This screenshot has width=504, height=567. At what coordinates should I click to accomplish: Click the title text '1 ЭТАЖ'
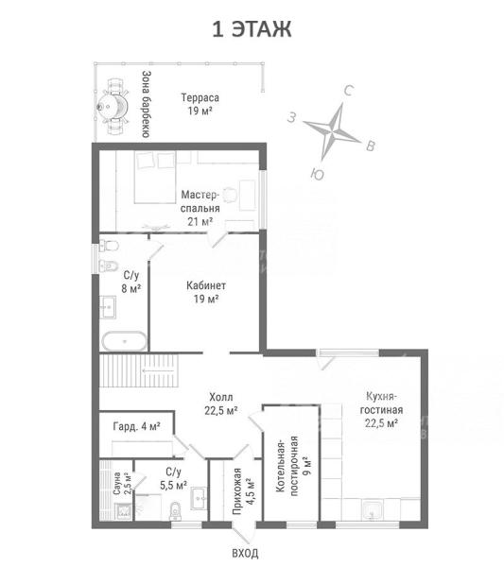point(252,29)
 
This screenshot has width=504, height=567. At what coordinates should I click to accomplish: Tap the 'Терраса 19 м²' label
point(200,104)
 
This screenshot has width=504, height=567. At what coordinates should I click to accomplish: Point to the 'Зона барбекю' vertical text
point(147,104)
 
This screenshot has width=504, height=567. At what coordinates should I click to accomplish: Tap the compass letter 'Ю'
point(318,174)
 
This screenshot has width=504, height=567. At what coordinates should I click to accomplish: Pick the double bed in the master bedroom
point(155,177)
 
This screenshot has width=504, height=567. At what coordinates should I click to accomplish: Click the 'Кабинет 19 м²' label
point(206,292)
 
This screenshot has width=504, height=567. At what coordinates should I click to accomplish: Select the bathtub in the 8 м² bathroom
point(125,341)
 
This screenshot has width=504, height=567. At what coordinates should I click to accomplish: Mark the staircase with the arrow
point(139,370)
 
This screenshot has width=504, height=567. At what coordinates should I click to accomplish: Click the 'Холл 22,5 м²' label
point(221,404)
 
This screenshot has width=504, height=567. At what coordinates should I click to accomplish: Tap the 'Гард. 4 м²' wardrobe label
point(137,427)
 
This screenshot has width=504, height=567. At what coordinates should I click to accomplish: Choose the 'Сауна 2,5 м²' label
point(123,484)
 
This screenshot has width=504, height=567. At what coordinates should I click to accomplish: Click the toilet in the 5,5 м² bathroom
point(175,511)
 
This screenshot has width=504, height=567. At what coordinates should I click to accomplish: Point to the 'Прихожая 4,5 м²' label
point(242,491)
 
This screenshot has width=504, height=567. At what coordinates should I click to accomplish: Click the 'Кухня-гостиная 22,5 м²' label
point(381,410)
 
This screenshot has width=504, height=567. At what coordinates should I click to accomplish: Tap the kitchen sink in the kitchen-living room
point(373,510)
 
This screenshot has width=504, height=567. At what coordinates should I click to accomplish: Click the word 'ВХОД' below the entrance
point(245,553)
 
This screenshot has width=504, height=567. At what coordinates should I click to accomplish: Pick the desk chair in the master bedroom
point(230,196)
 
